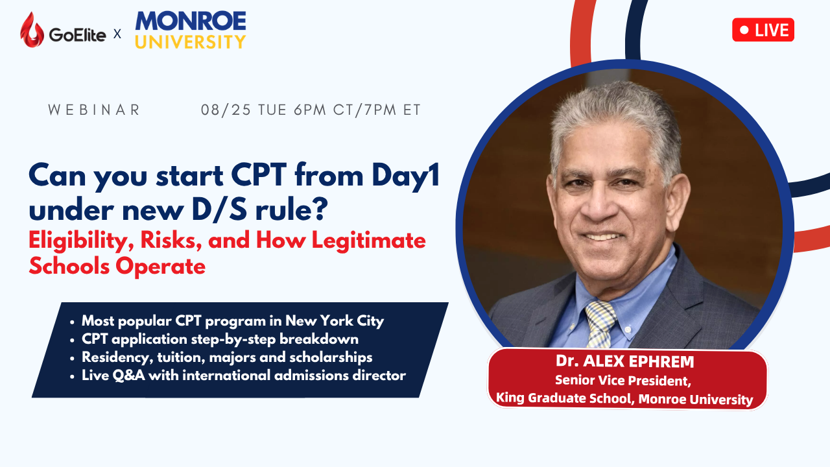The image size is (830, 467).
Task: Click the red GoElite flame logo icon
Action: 32,30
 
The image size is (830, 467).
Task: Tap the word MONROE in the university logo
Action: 191,21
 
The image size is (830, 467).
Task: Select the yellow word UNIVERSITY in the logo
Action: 191,42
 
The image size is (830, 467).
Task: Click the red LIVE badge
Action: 763,30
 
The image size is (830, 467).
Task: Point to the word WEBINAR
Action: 94,110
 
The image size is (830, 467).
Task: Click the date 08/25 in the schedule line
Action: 226,110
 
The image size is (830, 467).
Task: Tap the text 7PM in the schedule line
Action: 380,110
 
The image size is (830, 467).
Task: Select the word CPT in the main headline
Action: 259,175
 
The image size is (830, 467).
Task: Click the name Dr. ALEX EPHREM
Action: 624,361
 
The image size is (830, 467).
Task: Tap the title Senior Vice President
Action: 623,381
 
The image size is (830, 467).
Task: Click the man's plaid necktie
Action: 600,324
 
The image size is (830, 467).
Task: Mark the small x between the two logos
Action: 117,34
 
